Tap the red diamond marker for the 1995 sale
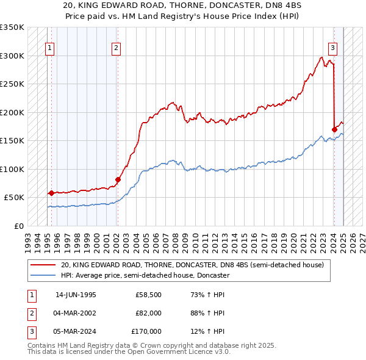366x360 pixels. (51, 193)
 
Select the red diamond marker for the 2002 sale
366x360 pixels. (118, 179)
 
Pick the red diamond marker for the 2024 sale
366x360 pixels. (334, 129)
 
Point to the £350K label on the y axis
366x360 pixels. (12, 27)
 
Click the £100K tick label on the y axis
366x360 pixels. (12, 169)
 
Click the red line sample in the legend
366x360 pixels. (43, 265)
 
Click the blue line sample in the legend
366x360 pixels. (43, 275)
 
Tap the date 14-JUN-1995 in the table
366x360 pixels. (76, 295)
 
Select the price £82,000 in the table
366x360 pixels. (148, 314)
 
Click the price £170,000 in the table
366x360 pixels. (146, 331)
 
